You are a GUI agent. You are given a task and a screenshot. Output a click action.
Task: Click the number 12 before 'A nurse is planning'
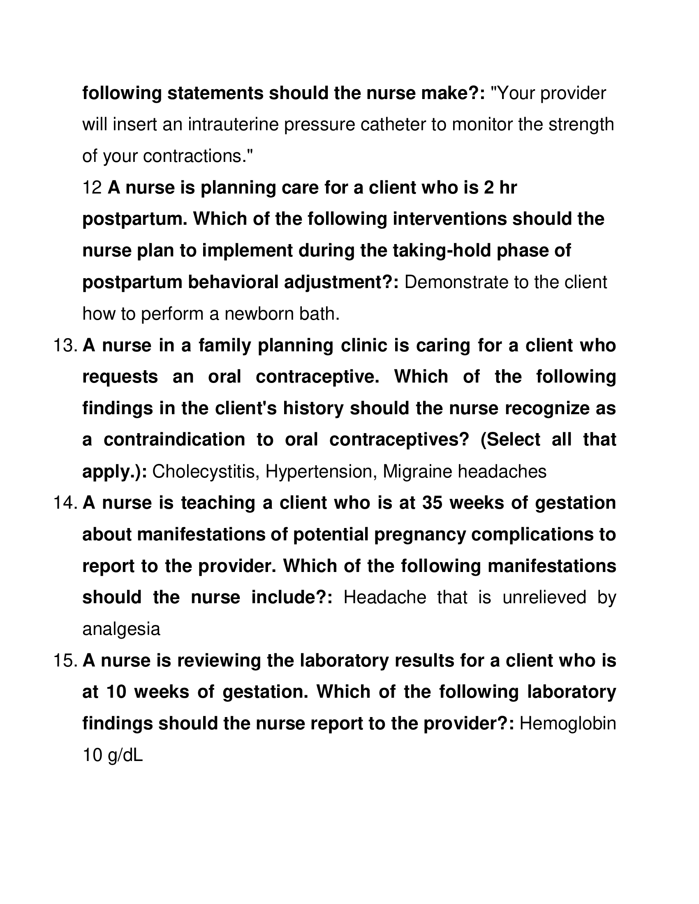pos(93,188)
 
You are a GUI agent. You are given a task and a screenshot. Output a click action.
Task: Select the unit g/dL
pos(125,756)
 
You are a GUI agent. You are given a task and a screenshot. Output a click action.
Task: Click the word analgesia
pos(121,630)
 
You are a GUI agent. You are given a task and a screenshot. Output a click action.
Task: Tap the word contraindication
pos(174,440)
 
